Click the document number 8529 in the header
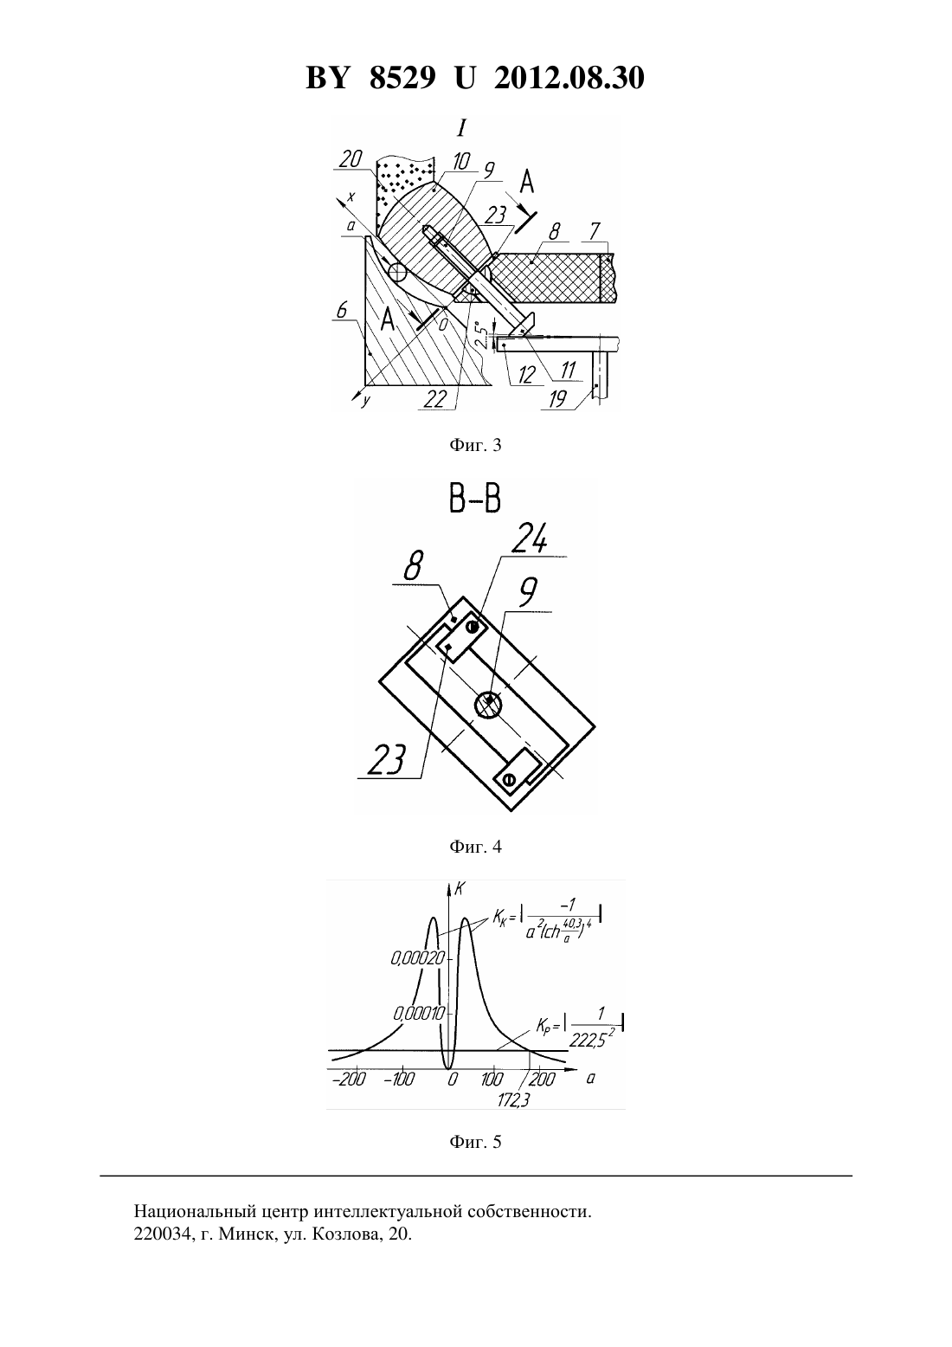[402, 78]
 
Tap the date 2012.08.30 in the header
[569, 78]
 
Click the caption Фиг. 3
[475, 446]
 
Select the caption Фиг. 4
[475, 847]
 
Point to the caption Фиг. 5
[475, 1141]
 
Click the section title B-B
[475, 499]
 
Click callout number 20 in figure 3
[351, 159]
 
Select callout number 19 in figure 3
[558, 399]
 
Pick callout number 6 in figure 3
[342, 310]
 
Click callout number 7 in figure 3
[595, 230]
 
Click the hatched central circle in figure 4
[489, 704]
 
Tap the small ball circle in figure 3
[397, 274]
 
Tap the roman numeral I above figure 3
[461, 128]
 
